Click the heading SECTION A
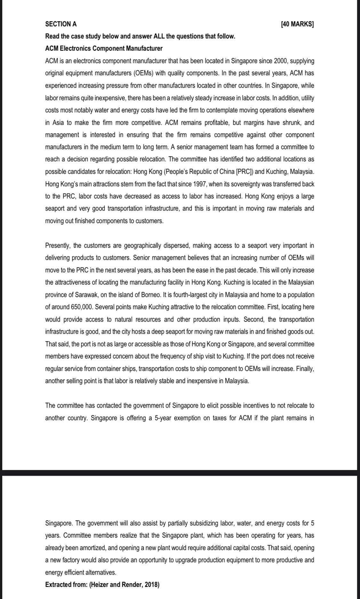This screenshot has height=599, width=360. tap(61, 24)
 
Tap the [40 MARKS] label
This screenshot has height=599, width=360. tap(297, 24)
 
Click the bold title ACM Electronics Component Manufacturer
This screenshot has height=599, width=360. tap(104, 49)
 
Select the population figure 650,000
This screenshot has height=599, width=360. tap(72, 307)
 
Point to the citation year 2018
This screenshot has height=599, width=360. tap(151, 585)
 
